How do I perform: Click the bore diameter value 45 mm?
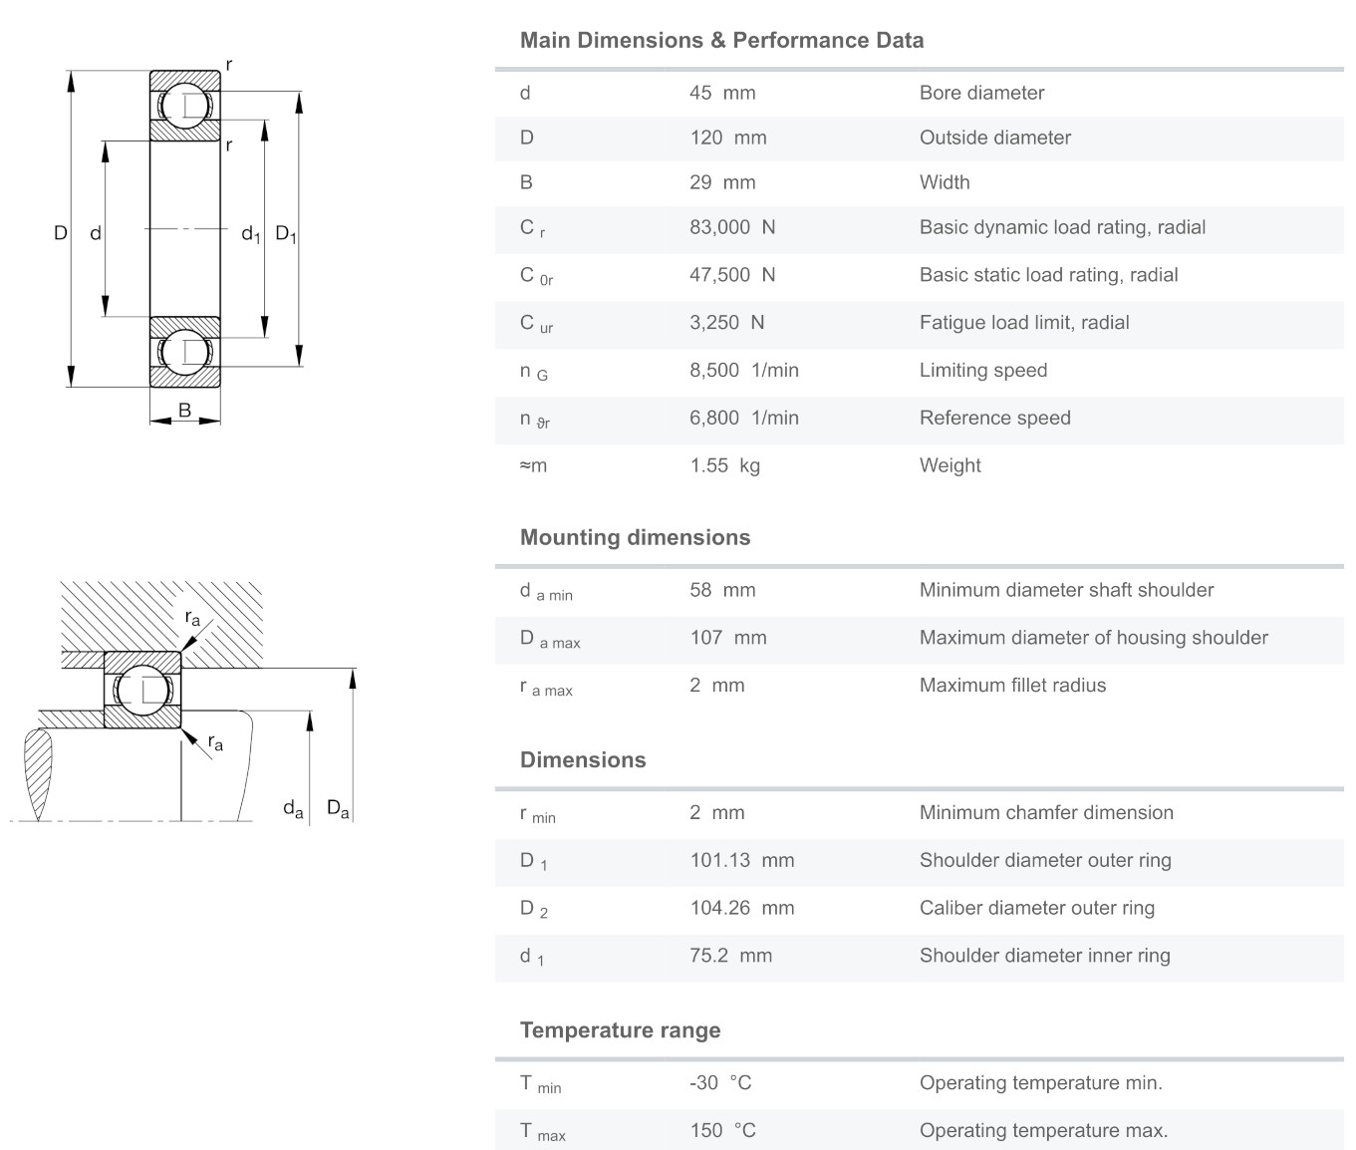click(722, 93)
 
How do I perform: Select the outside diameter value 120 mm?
click(728, 138)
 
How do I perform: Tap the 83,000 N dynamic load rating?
click(732, 227)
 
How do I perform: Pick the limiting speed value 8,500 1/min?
click(744, 370)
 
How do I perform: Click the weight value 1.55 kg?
click(724, 465)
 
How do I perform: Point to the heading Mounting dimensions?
click(635, 537)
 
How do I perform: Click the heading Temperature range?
click(620, 1030)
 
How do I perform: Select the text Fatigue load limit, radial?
click(1024, 322)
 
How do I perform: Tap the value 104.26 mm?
click(742, 908)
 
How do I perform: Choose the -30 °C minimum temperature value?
click(720, 1082)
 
